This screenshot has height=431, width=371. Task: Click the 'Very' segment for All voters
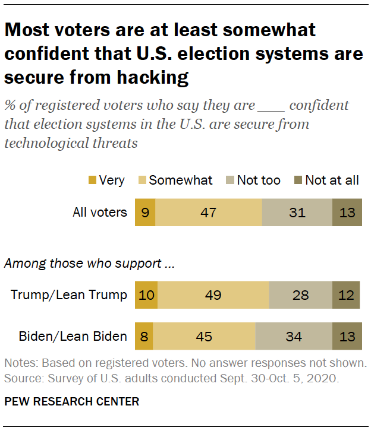145,212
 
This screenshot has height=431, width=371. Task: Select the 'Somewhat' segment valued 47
208,212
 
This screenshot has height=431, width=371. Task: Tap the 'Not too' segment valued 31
297,212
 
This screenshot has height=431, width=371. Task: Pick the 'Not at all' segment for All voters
346,212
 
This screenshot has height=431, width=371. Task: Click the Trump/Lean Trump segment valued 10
146,295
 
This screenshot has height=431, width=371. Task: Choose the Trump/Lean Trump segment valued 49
213,295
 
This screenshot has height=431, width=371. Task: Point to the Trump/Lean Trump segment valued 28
300,295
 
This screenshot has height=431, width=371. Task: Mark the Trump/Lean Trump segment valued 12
346,295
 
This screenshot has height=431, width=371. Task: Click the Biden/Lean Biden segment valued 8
144,337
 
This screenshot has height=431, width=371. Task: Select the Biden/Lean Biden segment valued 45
204,337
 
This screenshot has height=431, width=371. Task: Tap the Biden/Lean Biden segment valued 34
294,337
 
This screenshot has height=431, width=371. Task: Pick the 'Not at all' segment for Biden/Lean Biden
346,337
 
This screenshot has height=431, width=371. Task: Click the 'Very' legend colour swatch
91,180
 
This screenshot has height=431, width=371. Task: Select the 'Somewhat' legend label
180,180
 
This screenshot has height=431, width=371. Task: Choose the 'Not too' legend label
259,180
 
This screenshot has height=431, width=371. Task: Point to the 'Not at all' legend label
332,180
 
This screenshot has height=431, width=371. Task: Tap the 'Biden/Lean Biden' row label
73,337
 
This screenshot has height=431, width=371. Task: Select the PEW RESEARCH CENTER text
72,401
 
